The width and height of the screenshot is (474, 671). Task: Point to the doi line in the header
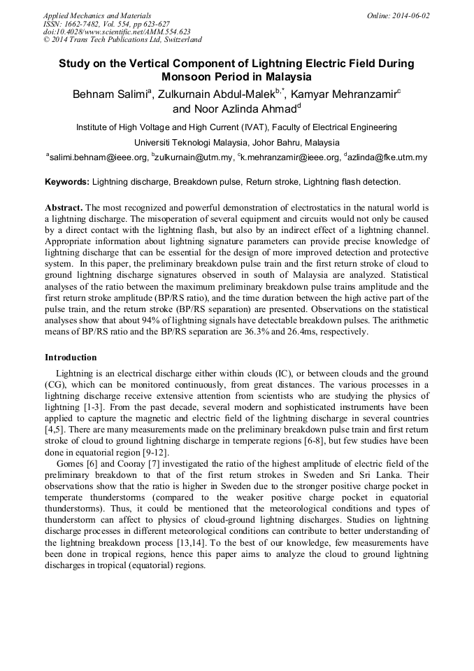[x=117, y=32]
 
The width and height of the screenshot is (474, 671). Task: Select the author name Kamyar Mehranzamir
[x=343, y=94]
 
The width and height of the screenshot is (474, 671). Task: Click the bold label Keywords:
[x=67, y=182]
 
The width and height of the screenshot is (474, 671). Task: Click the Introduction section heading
[x=71, y=357]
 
